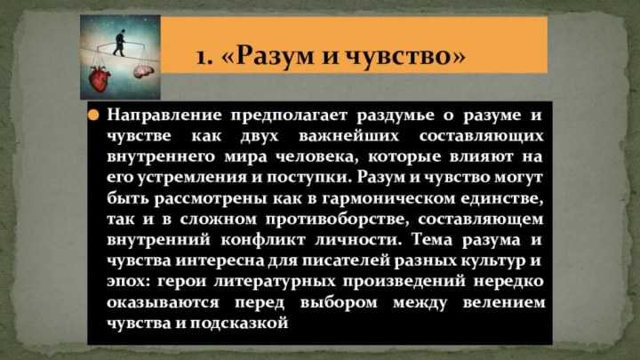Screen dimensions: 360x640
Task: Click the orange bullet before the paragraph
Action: click(92, 116)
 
